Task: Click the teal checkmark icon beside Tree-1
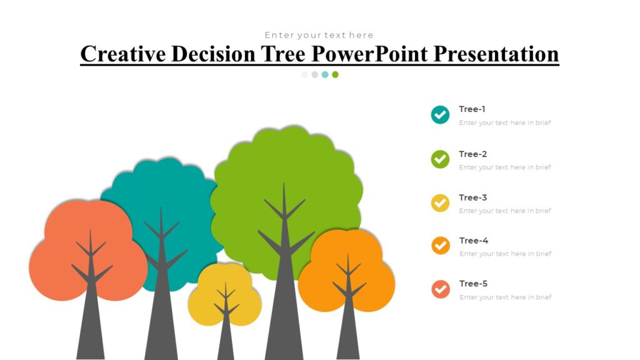(x=440, y=114)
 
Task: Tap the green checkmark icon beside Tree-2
(x=440, y=159)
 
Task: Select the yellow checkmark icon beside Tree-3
(x=440, y=202)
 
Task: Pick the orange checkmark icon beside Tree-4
(x=441, y=246)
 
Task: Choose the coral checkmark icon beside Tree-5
(x=441, y=289)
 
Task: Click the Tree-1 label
(x=472, y=109)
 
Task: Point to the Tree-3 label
(x=472, y=197)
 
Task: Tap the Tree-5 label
(x=473, y=284)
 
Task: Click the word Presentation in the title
(x=496, y=54)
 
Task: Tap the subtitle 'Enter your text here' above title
(x=319, y=35)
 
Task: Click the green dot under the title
(x=335, y=74)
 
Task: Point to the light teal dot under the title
(x=325, y=74)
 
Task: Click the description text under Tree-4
(x=505, y=254)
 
